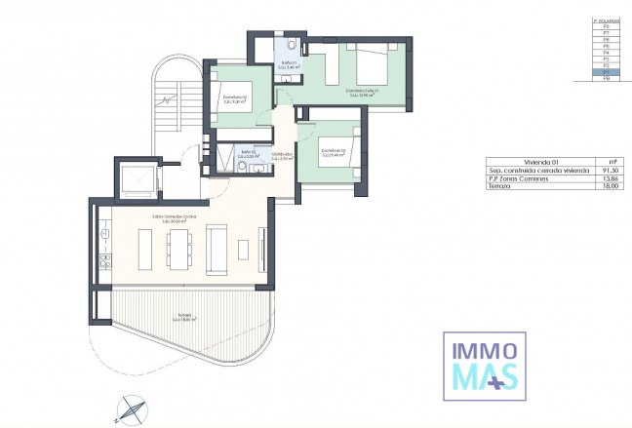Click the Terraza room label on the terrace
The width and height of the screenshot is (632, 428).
coord(185,317)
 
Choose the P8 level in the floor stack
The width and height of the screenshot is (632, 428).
coord(607,28)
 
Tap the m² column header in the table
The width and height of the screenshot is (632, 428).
coord(612,161)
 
